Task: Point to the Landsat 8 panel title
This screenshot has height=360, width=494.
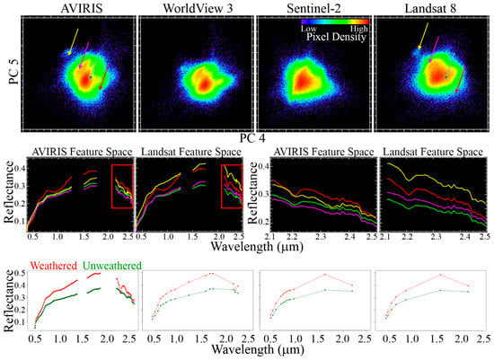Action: (430, 8)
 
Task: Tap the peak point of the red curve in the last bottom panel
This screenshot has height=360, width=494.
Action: (440, 275)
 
